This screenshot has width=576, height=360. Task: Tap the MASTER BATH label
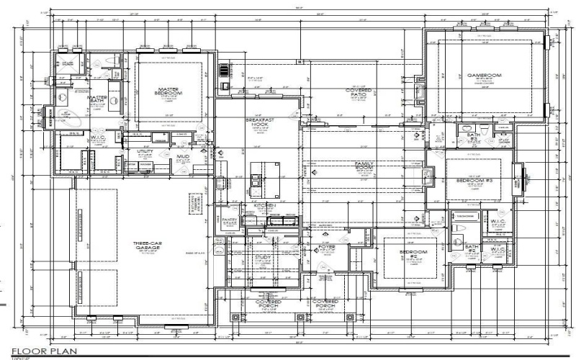point(97,99)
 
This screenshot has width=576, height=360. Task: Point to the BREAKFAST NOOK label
point(257,122)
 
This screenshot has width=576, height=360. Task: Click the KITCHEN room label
point(264,206)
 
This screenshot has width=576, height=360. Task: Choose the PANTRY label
point(230,221)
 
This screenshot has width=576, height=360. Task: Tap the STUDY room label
point(261,256)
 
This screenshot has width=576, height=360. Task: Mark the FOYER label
point(327,248)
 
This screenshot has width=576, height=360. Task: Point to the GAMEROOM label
point(484,76)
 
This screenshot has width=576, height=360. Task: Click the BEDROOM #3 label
point(473,180)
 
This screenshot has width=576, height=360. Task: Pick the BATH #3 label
point(473,136)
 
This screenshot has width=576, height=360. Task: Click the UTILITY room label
point(145,152)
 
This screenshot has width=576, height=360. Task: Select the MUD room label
point(183,156)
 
